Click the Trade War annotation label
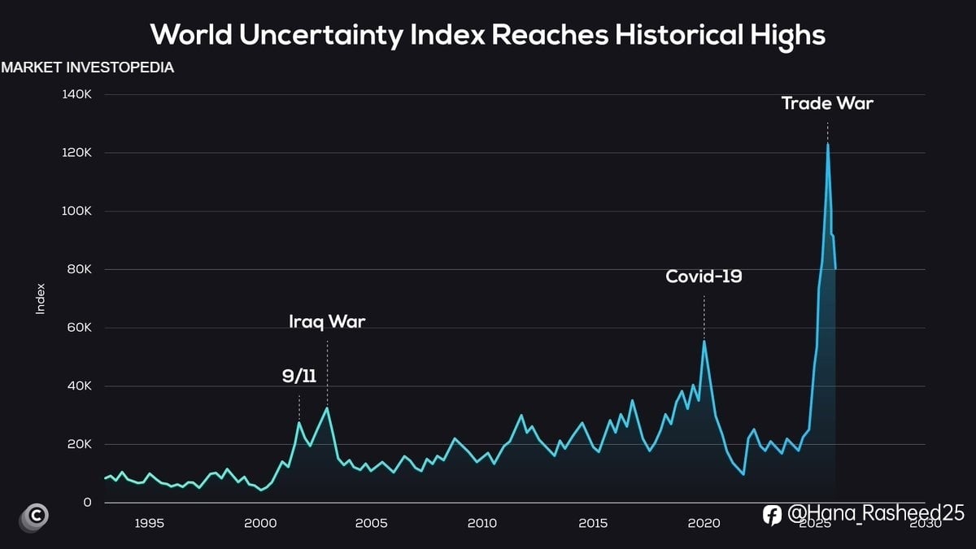(827, 103)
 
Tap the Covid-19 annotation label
(704, 277)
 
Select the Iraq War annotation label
(327, 322)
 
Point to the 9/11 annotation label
(299, 376)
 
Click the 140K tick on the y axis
(76, 94)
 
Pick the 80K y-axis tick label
(79, 269)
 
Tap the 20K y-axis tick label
(79, 445)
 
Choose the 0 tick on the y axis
(87, 503)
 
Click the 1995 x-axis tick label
(149, 523)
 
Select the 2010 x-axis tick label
(482, 523)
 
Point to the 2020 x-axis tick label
(704, 523)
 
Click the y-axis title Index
(41, 298)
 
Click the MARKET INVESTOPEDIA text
(88, 68)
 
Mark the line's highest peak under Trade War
(828, 145)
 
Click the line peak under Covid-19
(704, 342)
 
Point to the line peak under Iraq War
(327, 407)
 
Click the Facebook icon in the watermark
(773, 514)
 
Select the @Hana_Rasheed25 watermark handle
(876, 513)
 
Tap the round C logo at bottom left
(35, 516)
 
